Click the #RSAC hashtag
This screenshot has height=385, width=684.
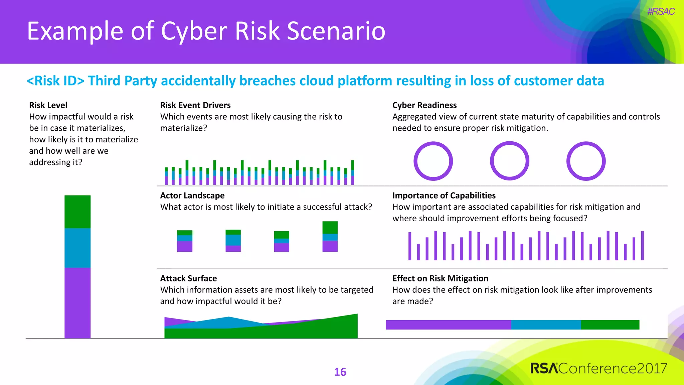[x=661, y=12]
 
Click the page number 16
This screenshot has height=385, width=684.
[x=340, y=372]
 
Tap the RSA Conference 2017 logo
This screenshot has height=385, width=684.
[x=598, y=368]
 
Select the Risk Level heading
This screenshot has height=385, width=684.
[x=48, y=105]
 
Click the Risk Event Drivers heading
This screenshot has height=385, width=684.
[x=195, y=105]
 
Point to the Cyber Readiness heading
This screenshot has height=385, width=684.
[x=424, y=105]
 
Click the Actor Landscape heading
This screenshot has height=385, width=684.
[x=192, y=196]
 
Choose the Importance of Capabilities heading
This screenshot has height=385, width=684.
[x=444, y=196]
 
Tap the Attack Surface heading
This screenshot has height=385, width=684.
[x=188, y=278]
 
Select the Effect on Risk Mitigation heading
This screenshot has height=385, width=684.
[x=440, y=278]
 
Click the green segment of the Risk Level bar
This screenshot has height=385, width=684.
[x=77, y=212]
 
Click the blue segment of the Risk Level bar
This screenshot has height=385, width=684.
[x=77, y=248]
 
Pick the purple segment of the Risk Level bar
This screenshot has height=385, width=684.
[x=77, y=302]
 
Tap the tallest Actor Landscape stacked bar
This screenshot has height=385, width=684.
[x=330, y=236]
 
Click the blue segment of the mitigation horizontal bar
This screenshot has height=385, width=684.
[x=546, y=325]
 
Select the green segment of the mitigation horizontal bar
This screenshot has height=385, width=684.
[x=610, y=325]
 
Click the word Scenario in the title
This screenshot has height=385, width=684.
[x=336, y=31]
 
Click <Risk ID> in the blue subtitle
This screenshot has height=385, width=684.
[x=55, y=81]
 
